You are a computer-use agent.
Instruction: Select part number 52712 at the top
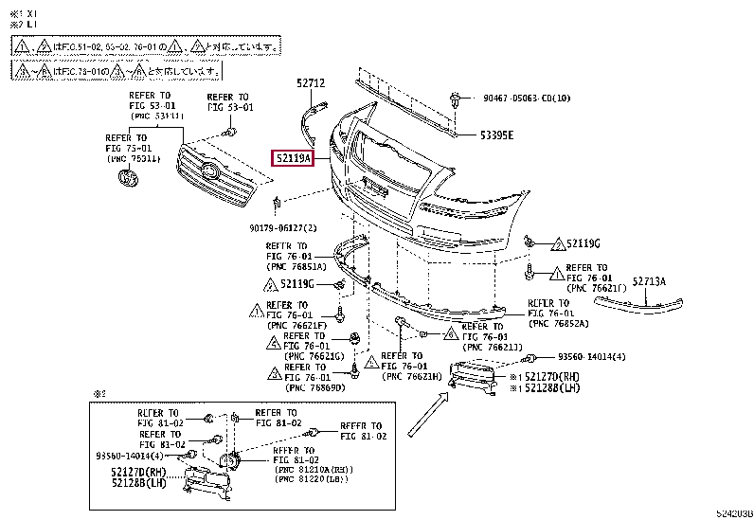(x=310, y=83)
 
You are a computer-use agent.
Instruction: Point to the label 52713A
(x=650, y=281)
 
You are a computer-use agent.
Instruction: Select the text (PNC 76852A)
(x=559, y=324)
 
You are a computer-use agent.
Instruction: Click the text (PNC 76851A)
(x=296, y=267)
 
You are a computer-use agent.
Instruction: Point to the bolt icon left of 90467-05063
(x=458, y=98)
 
